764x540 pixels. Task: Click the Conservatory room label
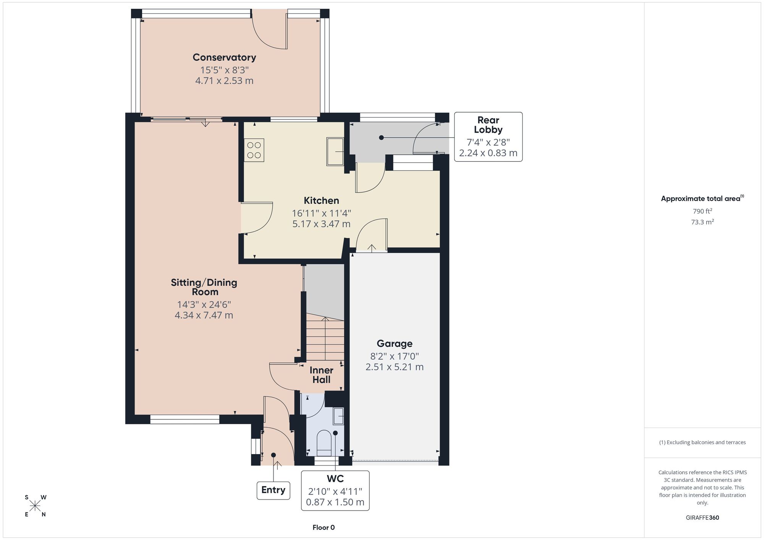[x=224, y=57]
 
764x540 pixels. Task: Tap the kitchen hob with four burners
[x=254, y=150]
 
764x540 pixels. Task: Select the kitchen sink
[x=335, y=151]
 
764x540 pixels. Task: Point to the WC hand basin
[x=338, y=416]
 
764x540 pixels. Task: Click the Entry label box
[x=273, y=490]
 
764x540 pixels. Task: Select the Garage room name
[x=395, y=343]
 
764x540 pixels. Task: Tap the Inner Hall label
[x=321, y=375]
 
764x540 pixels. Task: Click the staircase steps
[x=325, y=338]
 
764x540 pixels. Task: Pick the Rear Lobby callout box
[x=488, y=137]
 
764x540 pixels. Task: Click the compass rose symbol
[x=35, y=506]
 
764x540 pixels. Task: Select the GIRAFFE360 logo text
[x=702, y=518]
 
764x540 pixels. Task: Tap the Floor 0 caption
[x=324, y=527]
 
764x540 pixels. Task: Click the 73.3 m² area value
[x=702, y=222]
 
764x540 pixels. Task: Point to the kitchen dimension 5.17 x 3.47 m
[x=321, y=224]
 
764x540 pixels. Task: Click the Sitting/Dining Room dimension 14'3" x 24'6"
[x=204, y=304]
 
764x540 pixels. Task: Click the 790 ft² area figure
[x=702, y=211]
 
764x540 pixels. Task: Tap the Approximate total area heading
[x=702, y=198]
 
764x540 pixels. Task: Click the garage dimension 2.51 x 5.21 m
[x=395, y=367]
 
